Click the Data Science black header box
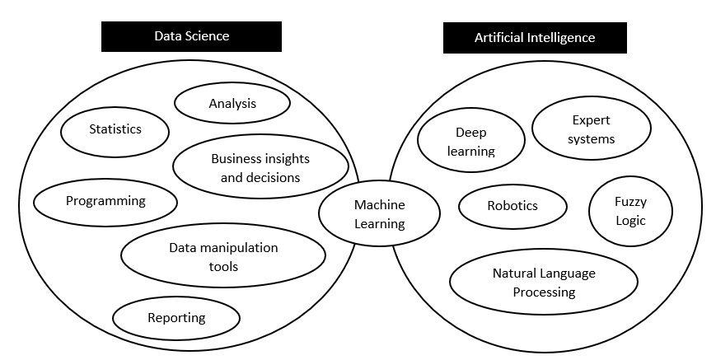pos(191,36)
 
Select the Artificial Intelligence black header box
pos(534,38)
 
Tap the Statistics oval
pos(115,129)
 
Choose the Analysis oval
pos(232,104)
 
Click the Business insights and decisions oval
pos(260,168)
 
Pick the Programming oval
pos(105,201)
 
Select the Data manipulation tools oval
pos(222,257)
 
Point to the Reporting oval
pos(176,318)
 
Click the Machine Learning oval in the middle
pos(379,214)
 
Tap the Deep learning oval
pos(471,142)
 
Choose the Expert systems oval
pos(591,130)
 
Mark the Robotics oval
pos(512,206)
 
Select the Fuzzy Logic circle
pos(630,211)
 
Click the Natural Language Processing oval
pos(544,283)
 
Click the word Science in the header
pos(208,36)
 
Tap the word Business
pos(237,159)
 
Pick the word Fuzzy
pos(630,202)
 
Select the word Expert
pos(591,121)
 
